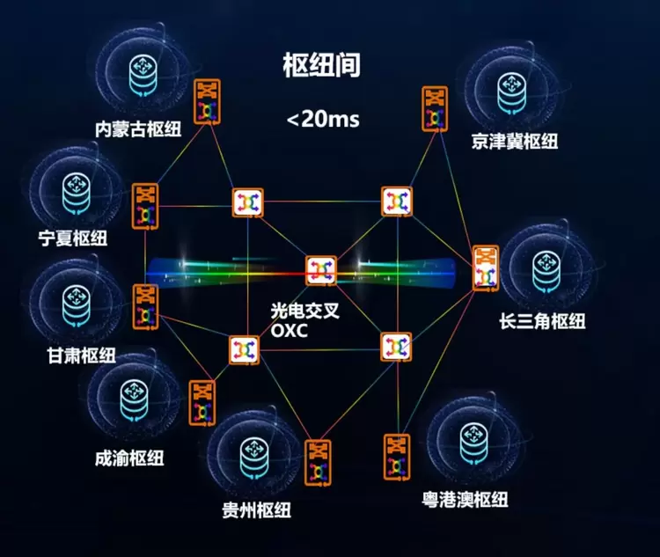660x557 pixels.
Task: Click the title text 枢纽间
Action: (322, 65)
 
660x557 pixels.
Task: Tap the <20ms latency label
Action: (323, 119)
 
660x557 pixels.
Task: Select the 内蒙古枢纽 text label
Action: (138, 128)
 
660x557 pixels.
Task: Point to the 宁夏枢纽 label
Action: (73, 238)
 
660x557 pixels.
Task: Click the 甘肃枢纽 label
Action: (82, 355)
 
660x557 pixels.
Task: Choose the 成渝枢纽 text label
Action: (129, 458)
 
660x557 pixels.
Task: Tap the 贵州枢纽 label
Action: (257, 509)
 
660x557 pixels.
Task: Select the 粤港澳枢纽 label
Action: (466, 499)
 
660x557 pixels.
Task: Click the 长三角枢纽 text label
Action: (543, 321)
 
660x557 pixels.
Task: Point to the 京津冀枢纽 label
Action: (515, 141)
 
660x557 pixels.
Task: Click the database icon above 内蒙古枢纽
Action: (143, 75)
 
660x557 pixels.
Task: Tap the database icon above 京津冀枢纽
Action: (511, 92)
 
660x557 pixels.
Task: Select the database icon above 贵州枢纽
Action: (254, 458)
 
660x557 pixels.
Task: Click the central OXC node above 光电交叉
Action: (320, 270)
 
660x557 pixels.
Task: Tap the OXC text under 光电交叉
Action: (290, 331)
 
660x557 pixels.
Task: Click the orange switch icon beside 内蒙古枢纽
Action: (207, 101)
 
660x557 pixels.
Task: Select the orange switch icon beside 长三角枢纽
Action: (485, 268)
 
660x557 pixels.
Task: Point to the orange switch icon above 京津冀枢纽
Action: (435, 108)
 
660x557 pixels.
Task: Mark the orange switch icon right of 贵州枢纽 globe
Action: (318, 463)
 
